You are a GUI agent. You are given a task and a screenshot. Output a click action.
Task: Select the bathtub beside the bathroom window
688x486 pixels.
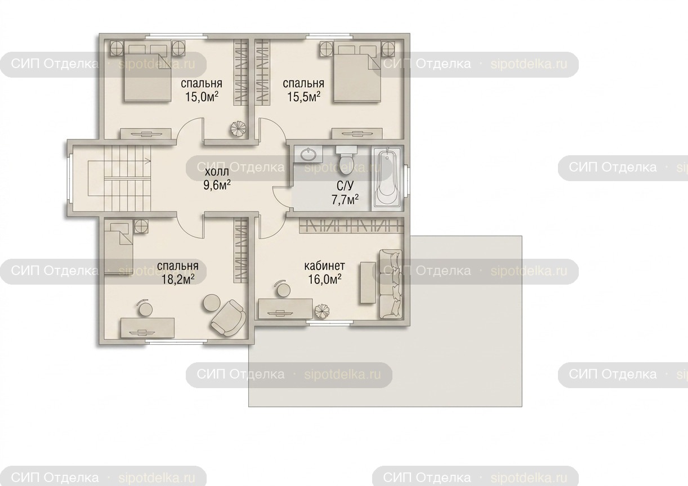(x=387, y=178)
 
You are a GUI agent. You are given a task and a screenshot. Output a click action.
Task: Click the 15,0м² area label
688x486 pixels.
(x=202, y=97)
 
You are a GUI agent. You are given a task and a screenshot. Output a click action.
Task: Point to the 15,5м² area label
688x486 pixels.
(x=304, y=97)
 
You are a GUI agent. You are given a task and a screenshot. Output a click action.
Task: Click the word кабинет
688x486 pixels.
(x=325, y=266)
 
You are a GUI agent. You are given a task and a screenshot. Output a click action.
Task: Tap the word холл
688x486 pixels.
(x=217, y=172)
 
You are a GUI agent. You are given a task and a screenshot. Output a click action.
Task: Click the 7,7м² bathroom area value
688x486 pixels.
(x=345, y=200)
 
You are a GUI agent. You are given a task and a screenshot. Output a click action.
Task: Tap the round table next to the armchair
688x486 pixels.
(x=211, y=303)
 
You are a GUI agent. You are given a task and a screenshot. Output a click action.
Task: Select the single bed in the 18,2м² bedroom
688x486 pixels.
(x=119, y=247)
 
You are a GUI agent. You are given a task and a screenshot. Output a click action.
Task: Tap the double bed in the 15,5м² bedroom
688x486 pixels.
(x=357, y=73)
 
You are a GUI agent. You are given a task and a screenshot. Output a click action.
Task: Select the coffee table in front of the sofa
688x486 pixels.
(x=368, y=283)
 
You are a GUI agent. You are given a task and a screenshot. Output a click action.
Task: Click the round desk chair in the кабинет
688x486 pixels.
(x=283, y=289)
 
